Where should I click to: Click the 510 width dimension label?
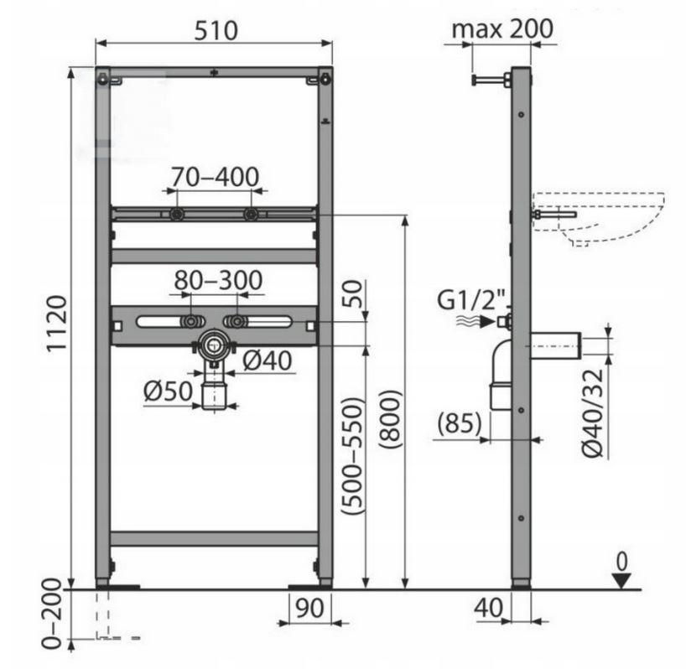tap(216, 31)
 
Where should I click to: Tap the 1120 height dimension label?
tap(57, 324)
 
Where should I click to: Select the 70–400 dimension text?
tap(215, 177)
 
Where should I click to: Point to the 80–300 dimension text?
tap(218, 280)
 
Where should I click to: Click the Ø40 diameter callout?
tap(267, 360)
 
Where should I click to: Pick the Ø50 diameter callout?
tap(168, 392)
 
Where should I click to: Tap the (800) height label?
tap(390, 419)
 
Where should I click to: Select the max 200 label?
tap(502, 29)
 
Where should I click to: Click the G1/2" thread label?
tap(472, 300)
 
